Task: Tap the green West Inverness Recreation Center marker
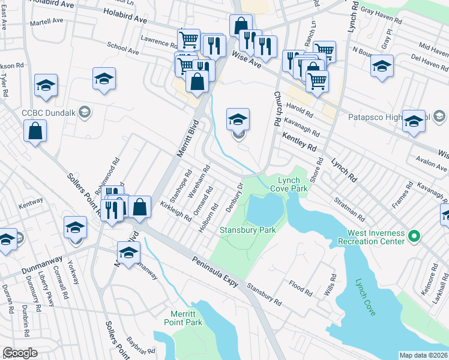(413, 236)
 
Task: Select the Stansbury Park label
(247, 230)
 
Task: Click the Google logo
(20, 353)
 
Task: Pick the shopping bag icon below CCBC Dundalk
(35, 130)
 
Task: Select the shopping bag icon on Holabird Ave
(240, 26)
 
